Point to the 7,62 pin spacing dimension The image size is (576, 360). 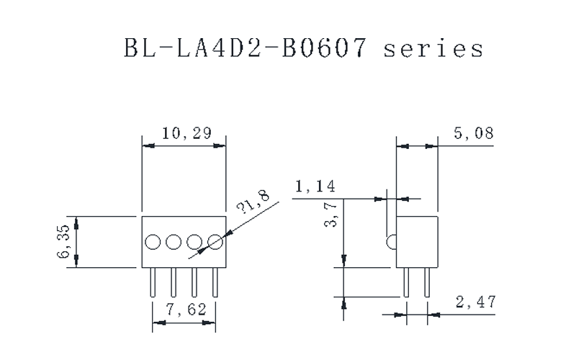click(x=184, y=310)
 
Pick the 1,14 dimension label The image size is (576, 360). click(x=315, y=187)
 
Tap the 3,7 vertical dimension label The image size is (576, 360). click(x=330, y=215)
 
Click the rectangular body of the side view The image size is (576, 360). click(x=418, y=242)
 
